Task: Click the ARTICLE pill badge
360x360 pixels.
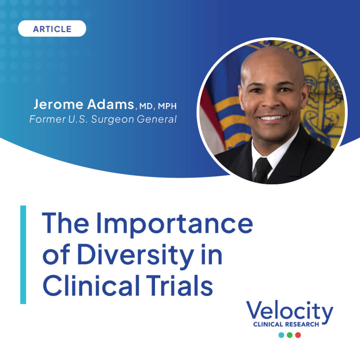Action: [52, 28]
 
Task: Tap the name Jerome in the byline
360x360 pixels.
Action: [58, 104]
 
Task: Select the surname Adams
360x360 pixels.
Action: [110, 104]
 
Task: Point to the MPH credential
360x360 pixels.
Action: [167, 106]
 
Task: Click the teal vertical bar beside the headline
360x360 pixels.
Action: [23, 255]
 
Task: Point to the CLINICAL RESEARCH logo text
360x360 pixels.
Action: [286, 324]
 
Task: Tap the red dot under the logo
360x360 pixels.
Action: [298, 335]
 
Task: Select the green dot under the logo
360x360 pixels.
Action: [290, 335]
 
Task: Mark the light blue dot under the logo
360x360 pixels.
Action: [281, 335]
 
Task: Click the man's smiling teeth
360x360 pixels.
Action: [272, 118]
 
